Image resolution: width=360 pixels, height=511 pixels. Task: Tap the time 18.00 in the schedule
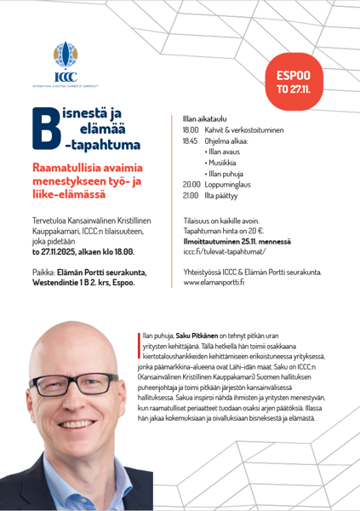coord(191,129)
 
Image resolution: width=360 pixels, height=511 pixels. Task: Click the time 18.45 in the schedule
coord(191,141)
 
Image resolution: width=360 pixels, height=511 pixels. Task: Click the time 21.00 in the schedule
coord(191,195)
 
